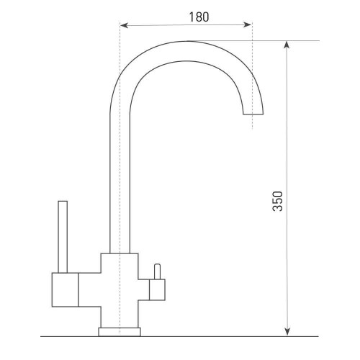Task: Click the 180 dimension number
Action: pos(199,17)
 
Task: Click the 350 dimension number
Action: pos(278,201)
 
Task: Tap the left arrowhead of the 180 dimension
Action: pos(124,25)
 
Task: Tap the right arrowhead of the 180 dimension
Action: pos(248,24)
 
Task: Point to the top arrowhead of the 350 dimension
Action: pos(287,45)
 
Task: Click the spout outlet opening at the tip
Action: pos(253,114)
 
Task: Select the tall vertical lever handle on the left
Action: pos(63,237)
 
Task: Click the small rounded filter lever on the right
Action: pos(158,271)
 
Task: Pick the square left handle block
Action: pos(65,289)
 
